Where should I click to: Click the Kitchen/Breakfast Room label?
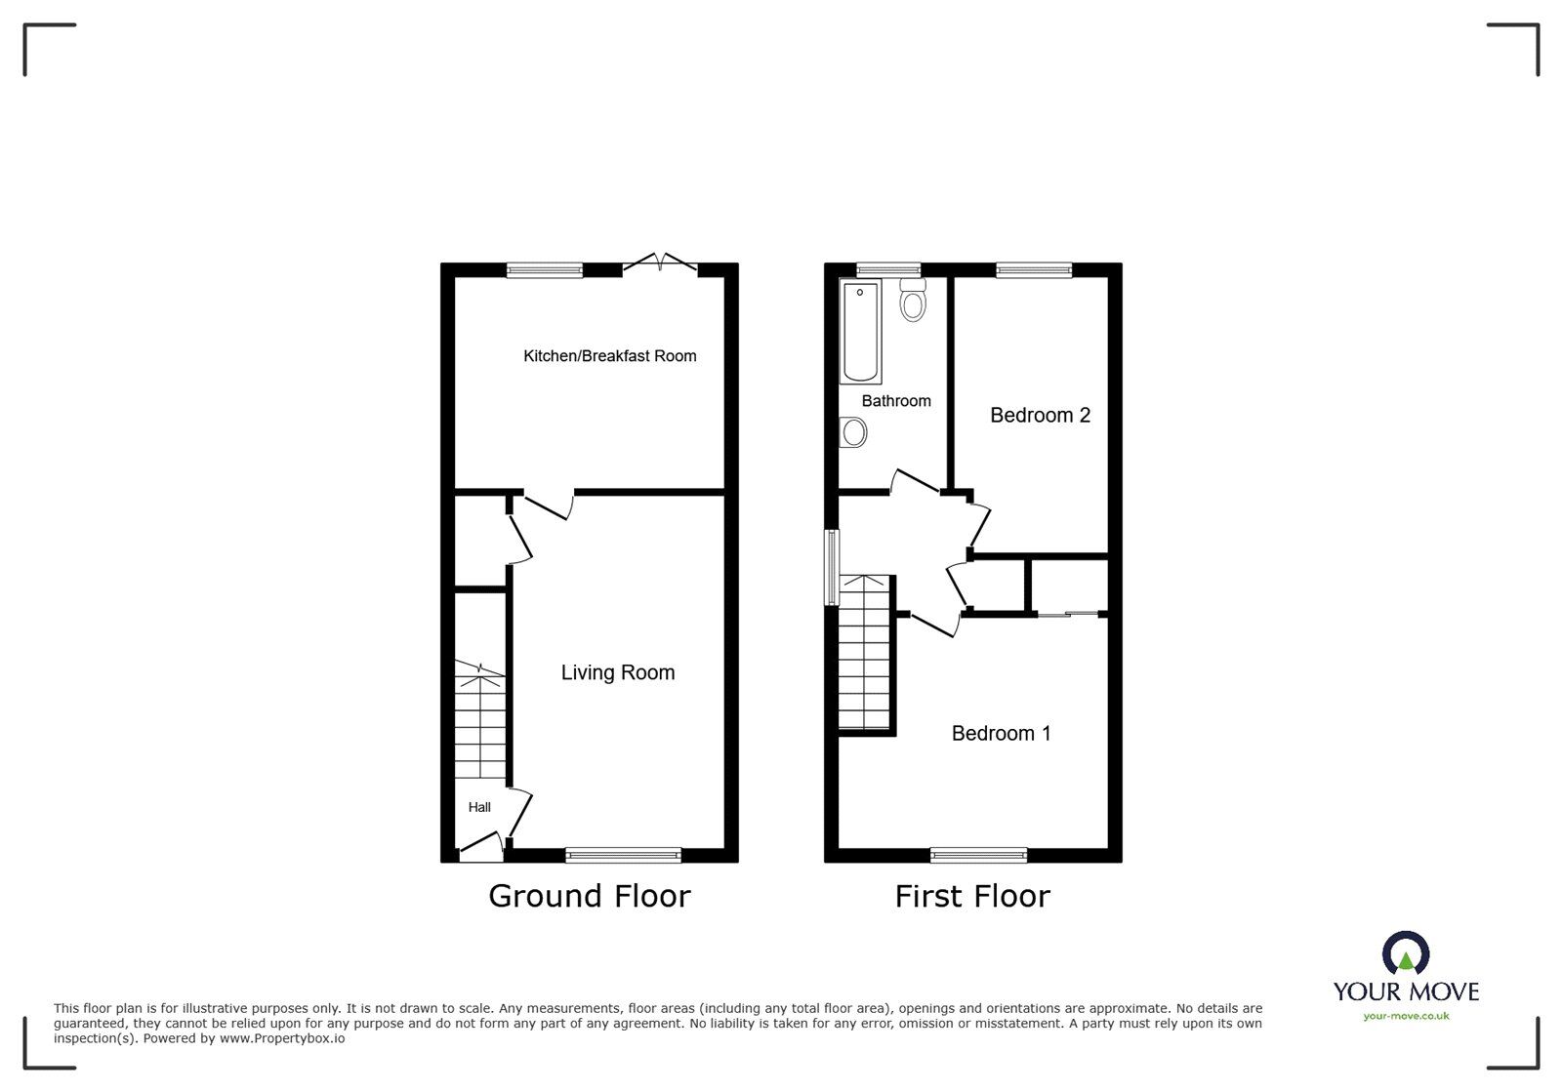(610, 356)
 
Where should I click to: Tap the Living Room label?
(617, 672)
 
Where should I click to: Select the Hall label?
(479, 807)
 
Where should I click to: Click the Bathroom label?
(895, 401)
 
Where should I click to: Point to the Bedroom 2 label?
(1040, 416)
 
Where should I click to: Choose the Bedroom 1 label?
(1001, 734)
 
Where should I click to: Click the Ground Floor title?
(589, 896)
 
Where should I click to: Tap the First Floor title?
(972, 896)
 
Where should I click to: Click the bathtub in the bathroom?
(861, 330)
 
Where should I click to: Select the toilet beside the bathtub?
(913, 301)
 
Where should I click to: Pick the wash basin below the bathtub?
(853, 431)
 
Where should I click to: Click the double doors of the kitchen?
(660, 264)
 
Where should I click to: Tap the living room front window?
(623, 856)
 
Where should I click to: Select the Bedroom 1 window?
(978, 856)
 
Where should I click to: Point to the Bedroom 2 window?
(1033, 270)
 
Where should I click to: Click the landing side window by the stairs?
(831, 567)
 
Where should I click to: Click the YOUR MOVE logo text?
(1406, 991)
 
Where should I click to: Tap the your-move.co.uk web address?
(1406, 1016)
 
